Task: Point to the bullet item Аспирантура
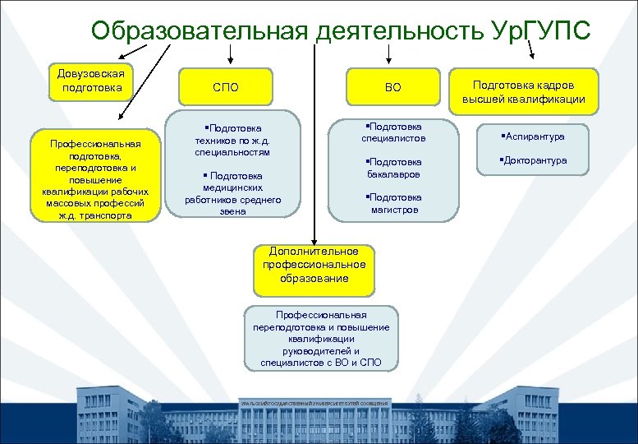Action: point(534,136)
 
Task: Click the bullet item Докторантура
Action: point(534,160)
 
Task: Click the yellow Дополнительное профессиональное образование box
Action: point(314,265)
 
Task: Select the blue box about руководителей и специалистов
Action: point(321,338)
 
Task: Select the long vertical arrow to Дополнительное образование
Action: point(313,148)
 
